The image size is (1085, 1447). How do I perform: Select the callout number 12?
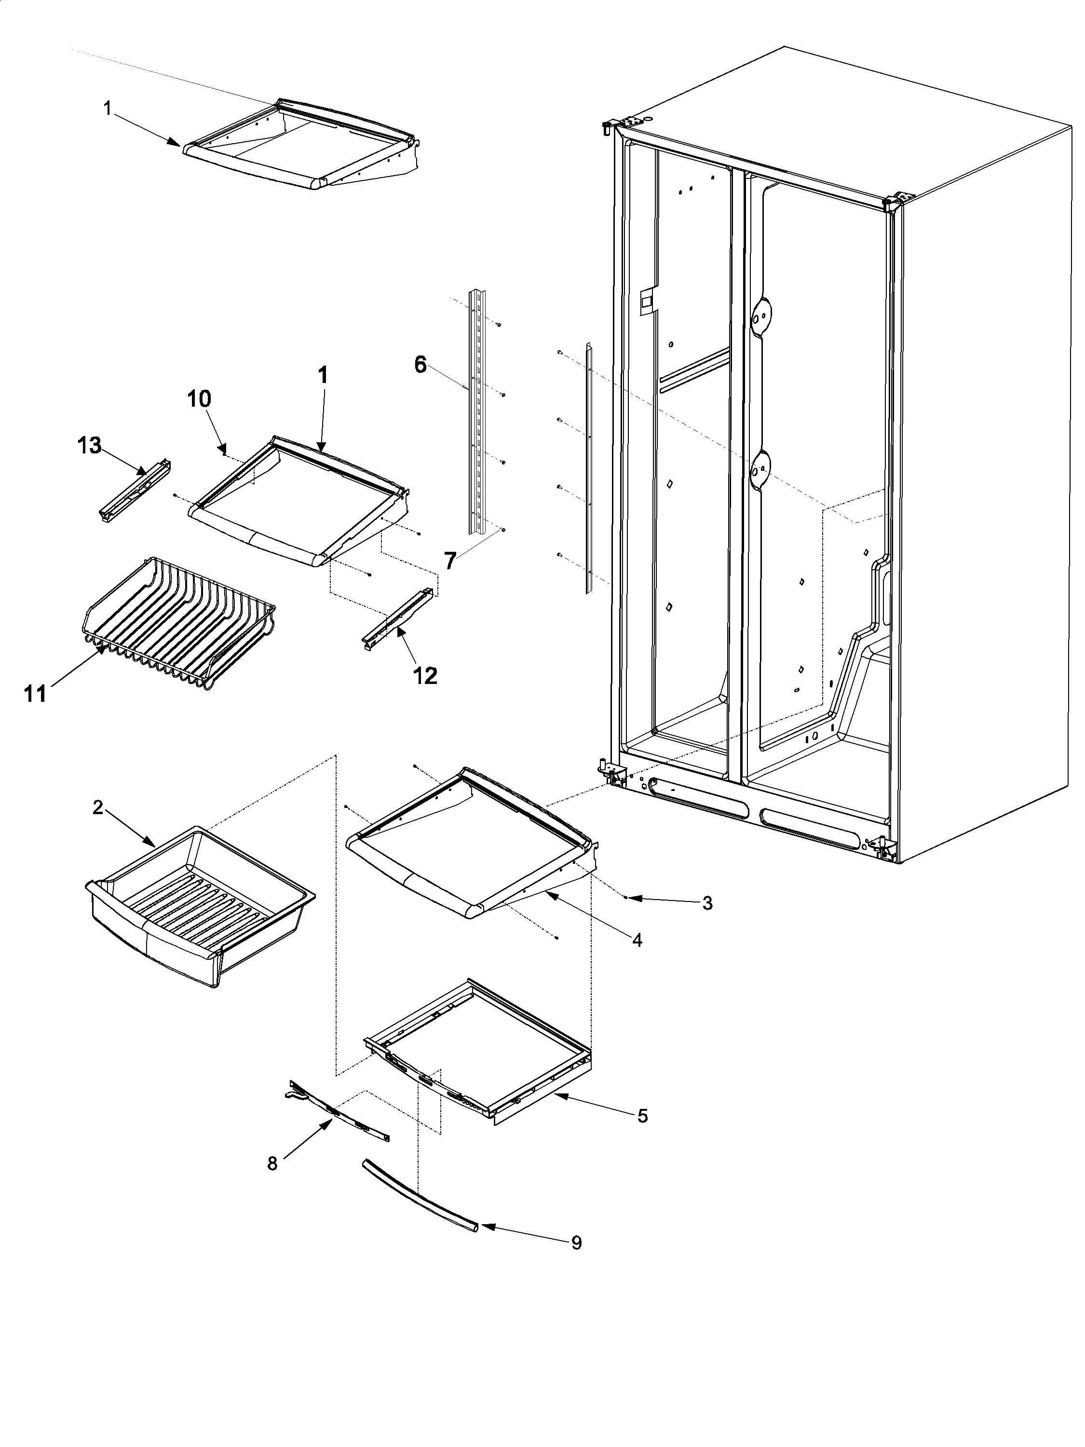click(x=425, y=675)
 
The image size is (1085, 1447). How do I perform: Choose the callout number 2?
click(x=97, y=808)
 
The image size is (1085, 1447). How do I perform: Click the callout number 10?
click(x=200, y=398)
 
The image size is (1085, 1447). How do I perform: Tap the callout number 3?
click(x=707, y=903)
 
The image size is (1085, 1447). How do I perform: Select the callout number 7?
click(x=450, y=560)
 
